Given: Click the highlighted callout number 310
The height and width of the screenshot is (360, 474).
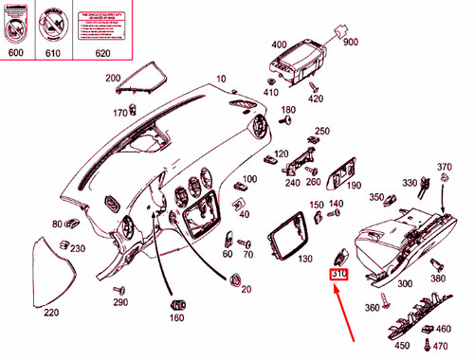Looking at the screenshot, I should (x=339, y=276).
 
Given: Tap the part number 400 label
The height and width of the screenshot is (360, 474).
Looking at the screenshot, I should (x=278, y=45).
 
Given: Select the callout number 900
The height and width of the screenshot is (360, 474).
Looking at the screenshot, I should (x=351, y=43).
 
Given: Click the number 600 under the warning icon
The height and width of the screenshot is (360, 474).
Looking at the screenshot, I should (x=15, y=54).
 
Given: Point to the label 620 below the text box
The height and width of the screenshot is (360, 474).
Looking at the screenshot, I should (x=102, y=54).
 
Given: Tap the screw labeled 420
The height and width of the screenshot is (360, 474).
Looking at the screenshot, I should (x=311, y=87).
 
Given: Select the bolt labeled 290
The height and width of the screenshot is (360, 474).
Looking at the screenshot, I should (x=119, y=287).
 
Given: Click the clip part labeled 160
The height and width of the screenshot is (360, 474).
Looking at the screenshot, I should (x=176, y=305).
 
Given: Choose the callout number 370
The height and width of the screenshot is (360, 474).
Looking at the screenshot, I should (x=445, y=168).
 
